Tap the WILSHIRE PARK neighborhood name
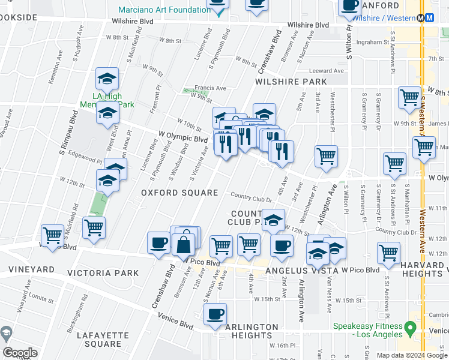tap(291, 82)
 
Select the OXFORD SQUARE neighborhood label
tap(179, 193)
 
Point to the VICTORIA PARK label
tap(104, 273)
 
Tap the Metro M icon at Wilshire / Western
tap(429, 18)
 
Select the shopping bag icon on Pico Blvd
tap(182, 245)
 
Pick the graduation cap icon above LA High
tap(107, 78)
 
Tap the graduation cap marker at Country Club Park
tap(273, 220)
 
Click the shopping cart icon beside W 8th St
tap(409, 96)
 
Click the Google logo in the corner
tap(20, 353)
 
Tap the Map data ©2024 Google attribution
tap(412, 355)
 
